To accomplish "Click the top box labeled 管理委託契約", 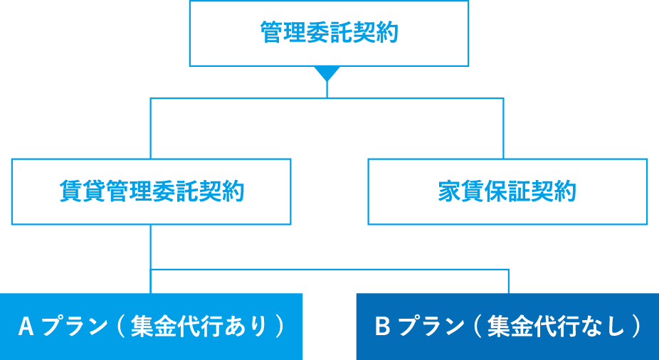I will pyautogui.click(x=328, y=33).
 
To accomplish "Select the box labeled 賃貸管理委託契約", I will pyautogui.click(x=151, y=191).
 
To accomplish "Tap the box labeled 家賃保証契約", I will pyautogui.click(x=507, y=191).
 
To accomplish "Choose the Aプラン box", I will pyautogui.click(x=151, y=327).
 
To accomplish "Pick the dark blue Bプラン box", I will pyautogui.click(x=507, y=327).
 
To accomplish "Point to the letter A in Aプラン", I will pyautogui.click(x=26, y=327).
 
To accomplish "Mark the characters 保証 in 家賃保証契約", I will pyautogui.click(x=507, y=192).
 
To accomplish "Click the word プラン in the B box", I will pyautogui.click(x=428, y=327).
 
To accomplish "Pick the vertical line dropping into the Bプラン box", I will pyautogui.click(x=509, y=282).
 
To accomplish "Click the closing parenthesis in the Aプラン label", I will pyautogui.click(x=280, y=327).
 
